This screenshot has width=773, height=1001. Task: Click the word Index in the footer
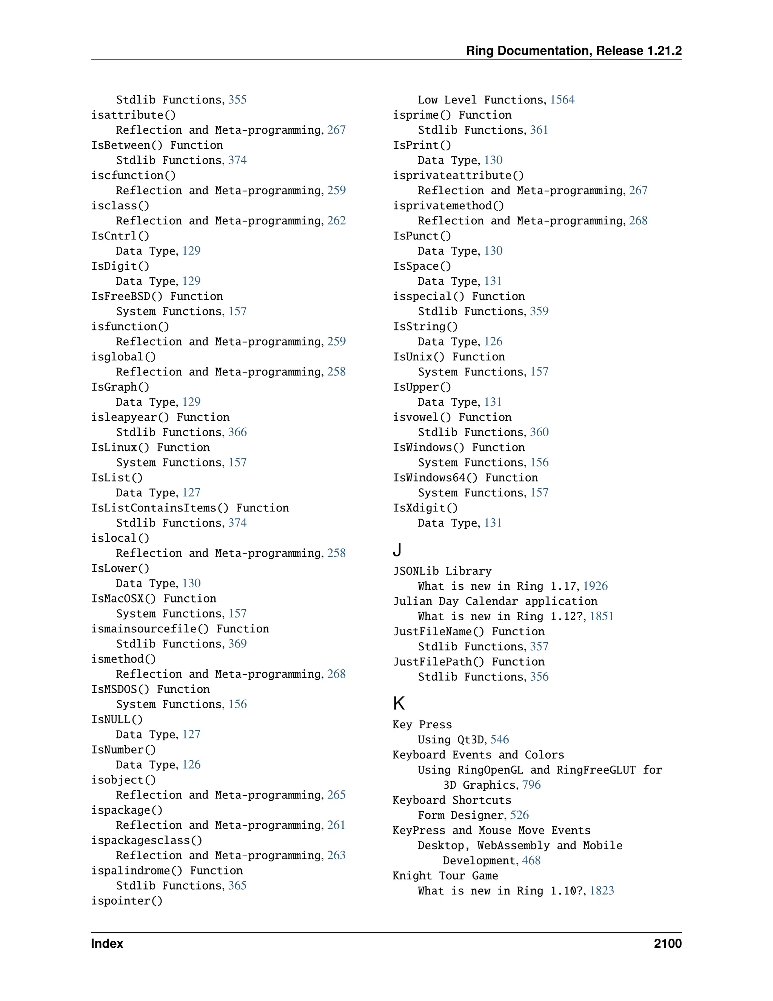(x=107, y=943)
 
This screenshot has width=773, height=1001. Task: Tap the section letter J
(x=397, y=549)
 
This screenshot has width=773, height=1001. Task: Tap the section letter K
(x=399, y=703)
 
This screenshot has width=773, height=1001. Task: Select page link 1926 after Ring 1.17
(x=595, y=586)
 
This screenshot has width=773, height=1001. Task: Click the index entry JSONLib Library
(x=442, y=571)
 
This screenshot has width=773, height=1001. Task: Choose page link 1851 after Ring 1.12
(x=601, y=616)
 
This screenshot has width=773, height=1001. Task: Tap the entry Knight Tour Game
(x=445, y=876)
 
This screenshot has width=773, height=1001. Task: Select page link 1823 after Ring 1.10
(x=602, y=891)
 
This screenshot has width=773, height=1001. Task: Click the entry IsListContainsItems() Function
(x=189, y=508)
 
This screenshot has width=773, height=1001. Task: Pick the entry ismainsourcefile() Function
(x=180, y=629)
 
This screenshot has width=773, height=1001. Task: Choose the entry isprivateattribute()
(x=458, y=175)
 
